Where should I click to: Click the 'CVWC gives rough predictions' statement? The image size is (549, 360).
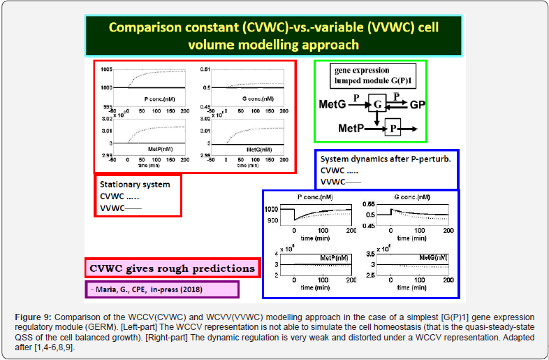(x=172, y=267)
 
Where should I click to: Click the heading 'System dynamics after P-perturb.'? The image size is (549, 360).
(x=386, y=159)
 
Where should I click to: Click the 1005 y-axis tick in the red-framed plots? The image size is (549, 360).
(x=105, y=69)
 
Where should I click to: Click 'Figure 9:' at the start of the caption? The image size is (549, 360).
(x=33, y=319)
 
